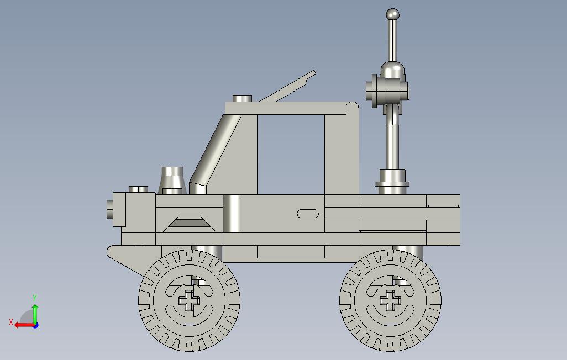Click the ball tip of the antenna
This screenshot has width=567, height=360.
coord(392,15)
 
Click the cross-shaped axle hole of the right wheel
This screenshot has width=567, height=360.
coord(391,300)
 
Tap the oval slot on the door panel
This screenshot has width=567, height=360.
coord(308,214)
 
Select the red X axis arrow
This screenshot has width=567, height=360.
coord(22,325)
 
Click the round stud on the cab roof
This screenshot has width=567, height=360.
coord(242,98)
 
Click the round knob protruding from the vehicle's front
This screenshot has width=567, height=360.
coord(110,209)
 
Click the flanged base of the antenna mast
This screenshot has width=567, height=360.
coord(392,184)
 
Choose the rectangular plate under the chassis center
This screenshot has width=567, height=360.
coord(291,252)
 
